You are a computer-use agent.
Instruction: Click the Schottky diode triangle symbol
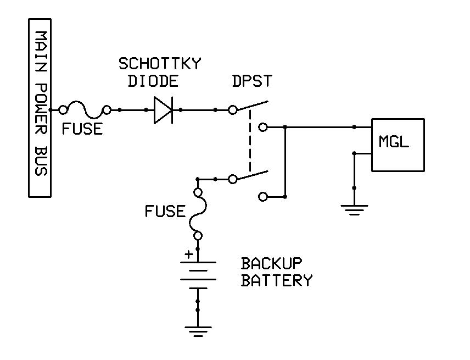(163, 110)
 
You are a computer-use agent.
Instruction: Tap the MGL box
(398, 145)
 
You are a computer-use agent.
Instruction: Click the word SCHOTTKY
(160, 64)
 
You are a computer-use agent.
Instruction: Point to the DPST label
(252, 81)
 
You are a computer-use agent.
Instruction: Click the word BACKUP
(271, 263)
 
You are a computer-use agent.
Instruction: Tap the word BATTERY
(277, 281)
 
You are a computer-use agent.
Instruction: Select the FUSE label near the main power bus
(82, 129)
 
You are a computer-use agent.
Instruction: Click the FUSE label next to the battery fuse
(165, 211)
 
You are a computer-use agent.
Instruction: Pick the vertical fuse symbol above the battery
(198, 214)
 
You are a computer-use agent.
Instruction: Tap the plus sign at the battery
(188, 254)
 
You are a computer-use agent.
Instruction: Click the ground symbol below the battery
(198, 331)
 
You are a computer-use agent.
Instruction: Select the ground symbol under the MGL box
(354, 209)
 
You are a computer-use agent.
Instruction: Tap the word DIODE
(153, 81)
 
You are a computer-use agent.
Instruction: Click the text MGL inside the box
(394, 142)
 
